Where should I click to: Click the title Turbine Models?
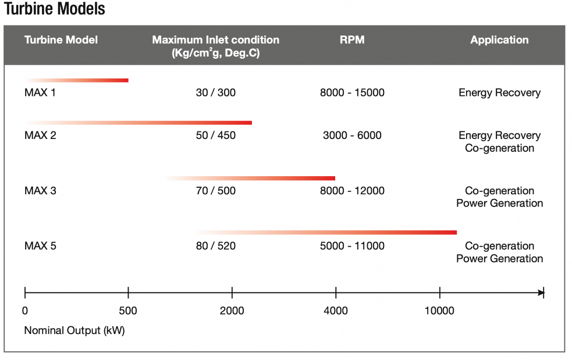click(55, 10)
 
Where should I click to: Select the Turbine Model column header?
click(61, 40)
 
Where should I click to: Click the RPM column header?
click(352, 40)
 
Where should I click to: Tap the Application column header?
click(499, 40)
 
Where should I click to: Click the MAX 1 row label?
click(40, 92)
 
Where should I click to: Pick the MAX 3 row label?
click(40, 191)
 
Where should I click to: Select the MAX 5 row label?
click(40, 246)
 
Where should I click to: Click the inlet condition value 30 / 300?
click(216, 92)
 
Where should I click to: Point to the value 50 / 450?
click(216, 136)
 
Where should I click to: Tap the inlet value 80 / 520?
click(216, 246)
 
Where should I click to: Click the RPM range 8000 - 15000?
click(352, 92)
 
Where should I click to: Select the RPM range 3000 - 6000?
click(352, 136)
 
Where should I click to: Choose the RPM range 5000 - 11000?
click(352, 246)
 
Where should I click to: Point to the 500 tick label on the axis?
click(127, 311)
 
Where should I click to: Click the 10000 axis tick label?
click(439, 311)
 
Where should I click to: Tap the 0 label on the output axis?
click(25, 311)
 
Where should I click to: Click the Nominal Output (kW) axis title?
click(74, 331)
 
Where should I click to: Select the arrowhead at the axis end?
click(541, 293)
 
